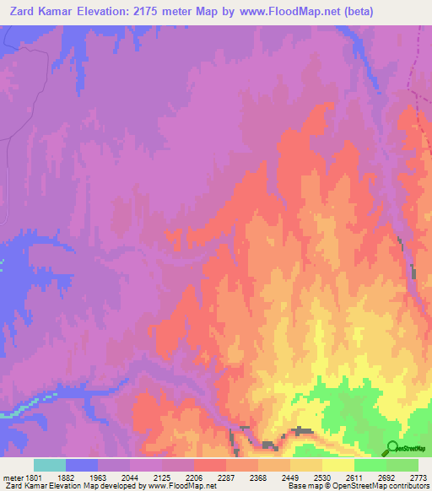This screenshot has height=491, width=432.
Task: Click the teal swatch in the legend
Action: pos(50,465)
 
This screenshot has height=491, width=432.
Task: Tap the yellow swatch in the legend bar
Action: pos(338,465)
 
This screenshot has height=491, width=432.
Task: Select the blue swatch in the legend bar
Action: pos(82,465)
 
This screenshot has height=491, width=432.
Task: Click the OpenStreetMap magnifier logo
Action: pos(393,447)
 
